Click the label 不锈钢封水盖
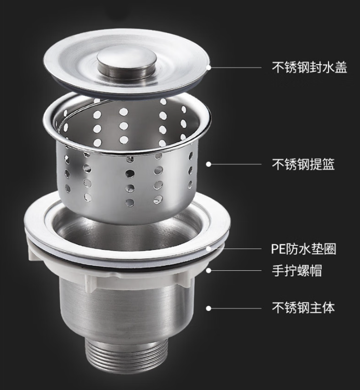(309, 68)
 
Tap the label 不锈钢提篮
(303, 164)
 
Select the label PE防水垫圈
(303, 248)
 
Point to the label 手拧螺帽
(297, 270)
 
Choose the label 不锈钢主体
(303, 308)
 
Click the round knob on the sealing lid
(127, 63)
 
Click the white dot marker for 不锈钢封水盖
(208, 67)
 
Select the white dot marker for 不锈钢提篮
(209, 164)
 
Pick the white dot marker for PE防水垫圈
(209, 248)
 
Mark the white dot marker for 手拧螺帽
(209, 270)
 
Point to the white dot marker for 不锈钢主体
(209, 308)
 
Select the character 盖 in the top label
(341, 68)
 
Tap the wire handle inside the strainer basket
(82, 112)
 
